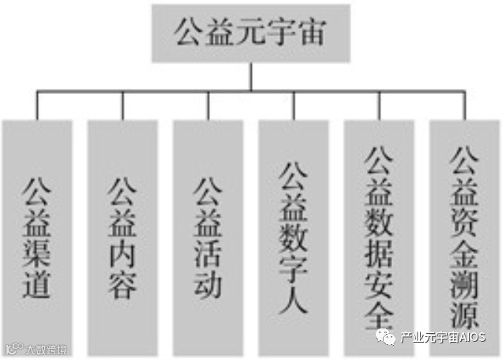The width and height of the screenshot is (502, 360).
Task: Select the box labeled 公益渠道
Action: tap(36, 237)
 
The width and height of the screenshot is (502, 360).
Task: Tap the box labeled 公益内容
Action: tap(122, 237)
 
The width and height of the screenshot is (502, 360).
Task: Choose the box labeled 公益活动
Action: tap(208, 237)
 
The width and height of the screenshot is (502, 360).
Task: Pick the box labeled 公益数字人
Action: tap(294, 237)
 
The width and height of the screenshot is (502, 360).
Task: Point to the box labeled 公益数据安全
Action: tap(379, 237)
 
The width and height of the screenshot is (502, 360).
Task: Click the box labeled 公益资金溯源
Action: tap(464, 237)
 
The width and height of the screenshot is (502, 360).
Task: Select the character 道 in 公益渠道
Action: tap(36, 282)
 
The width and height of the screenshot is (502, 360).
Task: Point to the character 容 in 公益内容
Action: tap(122, 282)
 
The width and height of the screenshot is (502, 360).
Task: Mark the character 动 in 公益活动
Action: tap(208, 282)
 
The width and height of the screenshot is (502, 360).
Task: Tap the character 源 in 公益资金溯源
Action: tap(464, 315)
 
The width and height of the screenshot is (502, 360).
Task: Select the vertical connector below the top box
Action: tap(251, 77)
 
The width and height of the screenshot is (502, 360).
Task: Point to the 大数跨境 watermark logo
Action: tap(35, 347)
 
